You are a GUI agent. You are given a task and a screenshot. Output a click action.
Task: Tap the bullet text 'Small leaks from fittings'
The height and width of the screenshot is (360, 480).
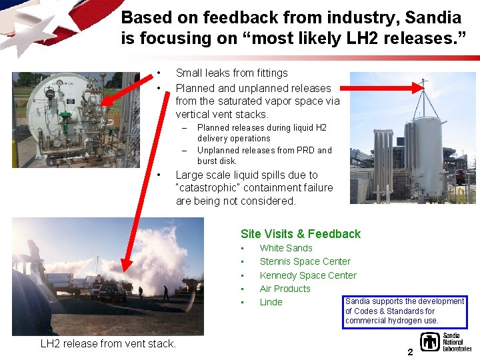pyautogui.click(x=231, y=73)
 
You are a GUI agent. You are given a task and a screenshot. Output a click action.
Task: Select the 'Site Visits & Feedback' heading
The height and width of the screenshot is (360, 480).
pyautogui.click(x=300, y=234)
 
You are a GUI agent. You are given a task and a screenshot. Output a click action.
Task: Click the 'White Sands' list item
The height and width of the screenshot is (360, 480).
pyautogui.click(x=285, y=248)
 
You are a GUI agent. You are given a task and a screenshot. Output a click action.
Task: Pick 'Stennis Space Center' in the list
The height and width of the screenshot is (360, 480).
pyautogui.click(x=305, y=261)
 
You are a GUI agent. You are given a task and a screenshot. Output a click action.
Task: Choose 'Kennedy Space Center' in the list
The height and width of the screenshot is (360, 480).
pyautogui.click(x=307, y=275)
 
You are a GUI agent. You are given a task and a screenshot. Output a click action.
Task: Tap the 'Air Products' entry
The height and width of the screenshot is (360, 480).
pyautogui.click(x=285, y=289)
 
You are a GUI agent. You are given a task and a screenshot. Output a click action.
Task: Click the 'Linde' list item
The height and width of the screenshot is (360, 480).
pyautogui.click(x=271, y=302)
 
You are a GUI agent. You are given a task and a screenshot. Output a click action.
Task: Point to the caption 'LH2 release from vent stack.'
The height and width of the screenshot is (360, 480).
pyautogui.click(x=108, y=344)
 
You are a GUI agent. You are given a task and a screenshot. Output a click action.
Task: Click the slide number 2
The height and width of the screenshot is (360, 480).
pyautogui.click(x=411, y=351)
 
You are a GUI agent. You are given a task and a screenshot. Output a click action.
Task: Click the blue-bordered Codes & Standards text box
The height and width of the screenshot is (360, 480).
pyautogui.click(x=405, y=311)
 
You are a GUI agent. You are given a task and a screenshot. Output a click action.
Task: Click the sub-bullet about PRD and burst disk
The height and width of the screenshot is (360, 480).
pyautogui.click(x=264, y=155)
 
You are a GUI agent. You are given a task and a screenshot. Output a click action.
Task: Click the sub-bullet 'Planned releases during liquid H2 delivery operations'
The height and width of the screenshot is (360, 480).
pyautogui.click(x=261, y=133)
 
